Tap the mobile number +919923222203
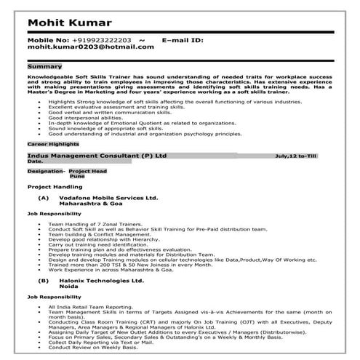101,39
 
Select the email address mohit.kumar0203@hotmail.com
91,47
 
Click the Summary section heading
44,66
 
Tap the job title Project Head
88,171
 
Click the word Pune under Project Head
77,177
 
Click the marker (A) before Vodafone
44,198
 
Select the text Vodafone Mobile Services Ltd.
109,198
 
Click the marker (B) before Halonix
44,280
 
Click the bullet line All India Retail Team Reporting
88,308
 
